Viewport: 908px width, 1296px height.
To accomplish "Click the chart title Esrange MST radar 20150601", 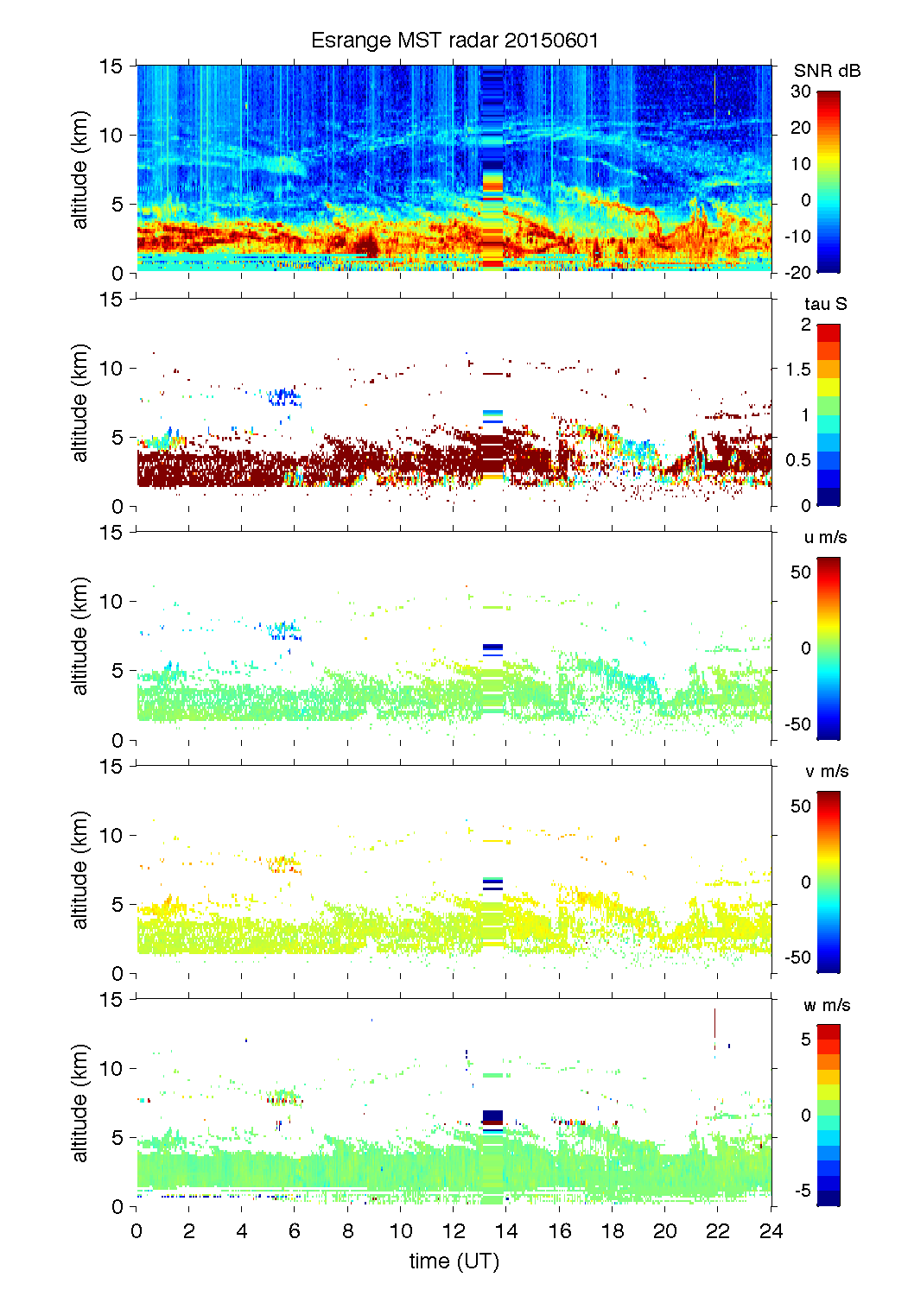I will (x=454, y=41).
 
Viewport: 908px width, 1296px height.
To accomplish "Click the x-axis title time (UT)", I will (x=454, y=1261).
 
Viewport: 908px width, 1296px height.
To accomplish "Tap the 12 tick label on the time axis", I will (x=454, y=1231).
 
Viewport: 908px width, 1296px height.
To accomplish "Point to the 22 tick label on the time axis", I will (x=718, y=1231).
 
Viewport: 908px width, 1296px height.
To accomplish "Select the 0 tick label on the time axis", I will (x=137, y=1231).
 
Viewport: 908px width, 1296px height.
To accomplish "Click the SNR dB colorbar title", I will (x=827, y=71).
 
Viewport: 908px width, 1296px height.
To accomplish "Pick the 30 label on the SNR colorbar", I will (x=801, y=92).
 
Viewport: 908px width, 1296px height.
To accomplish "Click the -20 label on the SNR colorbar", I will (x=797, y=273).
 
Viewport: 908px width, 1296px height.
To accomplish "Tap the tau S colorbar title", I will (x=825, y=304).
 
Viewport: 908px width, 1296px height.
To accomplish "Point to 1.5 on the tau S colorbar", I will (x=797, y=370).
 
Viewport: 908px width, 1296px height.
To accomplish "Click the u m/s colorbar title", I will (x=825, y=537).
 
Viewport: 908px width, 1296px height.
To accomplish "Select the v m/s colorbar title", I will (x=826, y=771).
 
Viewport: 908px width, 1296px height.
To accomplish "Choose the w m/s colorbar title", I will (x=827, y=1005).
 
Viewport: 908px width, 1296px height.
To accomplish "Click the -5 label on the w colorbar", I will (x=802, y=1191).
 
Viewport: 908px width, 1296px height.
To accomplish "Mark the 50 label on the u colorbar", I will (x=801, y=572).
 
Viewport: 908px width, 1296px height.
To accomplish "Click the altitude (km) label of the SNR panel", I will (x=80, y=169).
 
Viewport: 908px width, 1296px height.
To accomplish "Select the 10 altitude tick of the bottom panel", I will (x=111, y=1068).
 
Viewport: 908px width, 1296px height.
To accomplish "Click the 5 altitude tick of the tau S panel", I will (x=117, y=437).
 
